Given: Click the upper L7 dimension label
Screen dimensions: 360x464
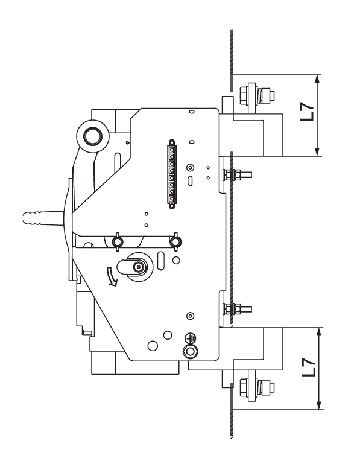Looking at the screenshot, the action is pyautogui.click(x=307, y=112).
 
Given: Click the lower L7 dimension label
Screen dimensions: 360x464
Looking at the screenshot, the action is pyautogui.click(x=309, y=367).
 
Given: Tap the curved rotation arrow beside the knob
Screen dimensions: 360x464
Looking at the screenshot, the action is pyautogui.click(x=112, y=276).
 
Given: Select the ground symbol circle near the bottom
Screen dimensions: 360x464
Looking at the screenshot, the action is pyautogui.click(x=191, y=338).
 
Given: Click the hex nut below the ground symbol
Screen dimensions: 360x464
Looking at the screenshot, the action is pyautogui.click(x=191, y=351).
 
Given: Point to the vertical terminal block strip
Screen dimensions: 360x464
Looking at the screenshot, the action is pyautogui.click(x=172, y=174).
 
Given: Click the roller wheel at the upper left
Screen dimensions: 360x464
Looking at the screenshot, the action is pyautogui.click(x=93, y=137).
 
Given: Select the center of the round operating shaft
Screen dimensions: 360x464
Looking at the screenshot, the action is pyautogui.click(x=138, y=267).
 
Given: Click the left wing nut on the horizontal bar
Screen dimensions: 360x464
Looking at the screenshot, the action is pyautogui.click(x=118, y=242).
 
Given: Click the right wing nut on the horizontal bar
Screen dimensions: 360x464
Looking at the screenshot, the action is pyautogui.click(x=175, y=242).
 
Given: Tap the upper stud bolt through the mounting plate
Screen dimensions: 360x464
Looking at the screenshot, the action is pyautogui.click(x=238, y=175).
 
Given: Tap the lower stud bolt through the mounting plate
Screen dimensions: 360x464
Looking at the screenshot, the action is pyautogui.click(x=238, y=309).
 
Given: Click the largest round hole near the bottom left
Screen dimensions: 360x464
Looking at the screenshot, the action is pyautogui.click(x=153, y=346).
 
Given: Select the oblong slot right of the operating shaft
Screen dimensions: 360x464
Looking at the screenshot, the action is pyautogui.click(x=160, y=260).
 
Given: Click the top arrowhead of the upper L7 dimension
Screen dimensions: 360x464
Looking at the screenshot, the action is pyautogui.click(x=317, y=78).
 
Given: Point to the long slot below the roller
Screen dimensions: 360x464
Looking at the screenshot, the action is pyautogui.click(x=118, y=162).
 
